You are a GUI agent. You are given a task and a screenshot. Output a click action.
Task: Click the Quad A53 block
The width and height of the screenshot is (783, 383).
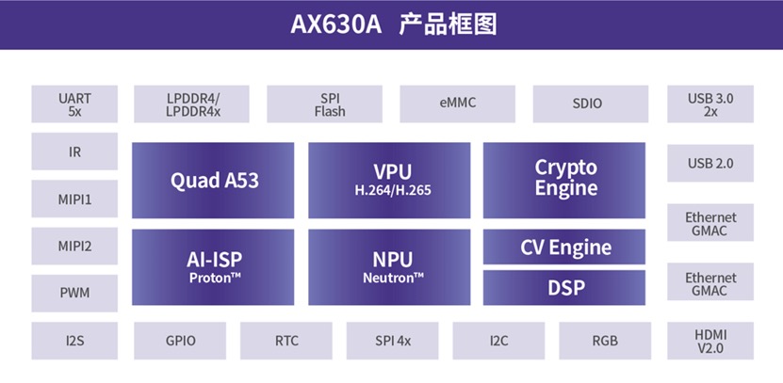point(213,180)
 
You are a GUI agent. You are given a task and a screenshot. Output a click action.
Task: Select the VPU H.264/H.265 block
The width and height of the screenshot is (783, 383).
point(389,180)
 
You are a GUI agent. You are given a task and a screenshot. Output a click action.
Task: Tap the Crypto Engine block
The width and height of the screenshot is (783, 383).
point(564,180)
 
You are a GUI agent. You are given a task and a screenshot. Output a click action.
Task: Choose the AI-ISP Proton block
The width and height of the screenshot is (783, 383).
point(213,267)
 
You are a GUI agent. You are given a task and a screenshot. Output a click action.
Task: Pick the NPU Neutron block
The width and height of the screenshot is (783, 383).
point(389,267)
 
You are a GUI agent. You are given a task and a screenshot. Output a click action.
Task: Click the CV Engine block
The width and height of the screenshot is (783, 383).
point(564,247)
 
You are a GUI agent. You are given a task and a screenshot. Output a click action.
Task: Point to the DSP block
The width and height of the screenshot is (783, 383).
point(564,288)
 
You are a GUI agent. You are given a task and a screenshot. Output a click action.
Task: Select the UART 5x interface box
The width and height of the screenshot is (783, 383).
point(74,104)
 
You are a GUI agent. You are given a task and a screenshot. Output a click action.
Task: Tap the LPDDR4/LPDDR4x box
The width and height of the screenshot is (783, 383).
point(192,104)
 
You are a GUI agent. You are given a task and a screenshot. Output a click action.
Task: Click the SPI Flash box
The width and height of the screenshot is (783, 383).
point(324,104)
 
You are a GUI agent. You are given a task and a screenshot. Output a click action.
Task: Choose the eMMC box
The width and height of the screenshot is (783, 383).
point(457,104)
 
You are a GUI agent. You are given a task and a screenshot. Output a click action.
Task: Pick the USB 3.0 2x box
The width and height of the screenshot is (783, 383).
point(710,104)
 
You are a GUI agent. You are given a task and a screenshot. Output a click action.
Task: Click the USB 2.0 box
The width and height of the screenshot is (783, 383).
point(710,163)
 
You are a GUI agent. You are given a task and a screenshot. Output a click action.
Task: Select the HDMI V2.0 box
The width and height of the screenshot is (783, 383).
point(710,341)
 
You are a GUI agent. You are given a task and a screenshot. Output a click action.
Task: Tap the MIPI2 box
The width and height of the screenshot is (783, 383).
point(74,246)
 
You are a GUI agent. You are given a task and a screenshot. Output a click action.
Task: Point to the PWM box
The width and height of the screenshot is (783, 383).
point(74,294)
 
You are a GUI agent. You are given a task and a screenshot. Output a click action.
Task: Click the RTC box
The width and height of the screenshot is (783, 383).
point(286,341)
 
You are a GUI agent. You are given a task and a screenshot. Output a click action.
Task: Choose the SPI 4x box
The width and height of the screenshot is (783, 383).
point(393,341)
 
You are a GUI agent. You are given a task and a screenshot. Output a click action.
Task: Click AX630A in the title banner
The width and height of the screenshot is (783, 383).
point(336,24)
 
